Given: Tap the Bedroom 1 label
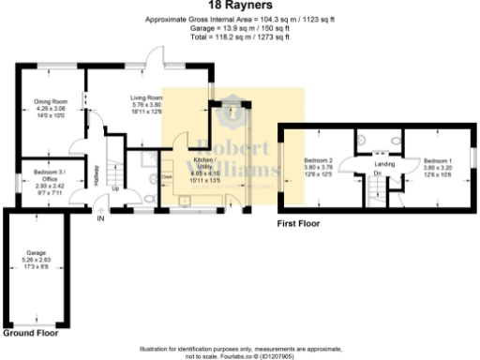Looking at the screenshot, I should click(437, 161).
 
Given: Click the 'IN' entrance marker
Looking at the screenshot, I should click(100, 218).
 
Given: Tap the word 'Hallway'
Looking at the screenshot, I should click(97, 175).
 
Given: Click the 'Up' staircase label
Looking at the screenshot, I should click(115, 187).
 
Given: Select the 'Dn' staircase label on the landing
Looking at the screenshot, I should click(377, 173).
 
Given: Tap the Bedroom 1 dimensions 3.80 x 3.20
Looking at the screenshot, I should click(437, 169).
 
